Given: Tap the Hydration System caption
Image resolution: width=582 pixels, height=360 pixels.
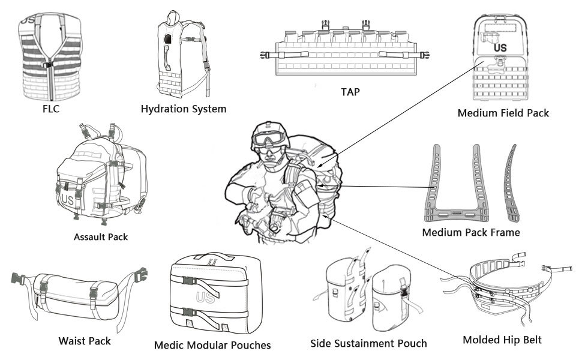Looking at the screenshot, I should pos(183,109).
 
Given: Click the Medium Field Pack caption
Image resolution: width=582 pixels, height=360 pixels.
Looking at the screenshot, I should pos(503,113).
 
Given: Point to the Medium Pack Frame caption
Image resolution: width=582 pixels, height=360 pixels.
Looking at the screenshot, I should pos(470,232).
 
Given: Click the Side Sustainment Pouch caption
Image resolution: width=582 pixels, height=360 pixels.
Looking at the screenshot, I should pos(368,344).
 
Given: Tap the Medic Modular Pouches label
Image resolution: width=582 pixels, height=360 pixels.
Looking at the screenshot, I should pos(212,345).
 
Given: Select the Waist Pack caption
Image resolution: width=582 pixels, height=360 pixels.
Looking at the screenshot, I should pos(85,341).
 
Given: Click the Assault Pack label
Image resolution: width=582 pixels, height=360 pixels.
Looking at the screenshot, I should pos(100,236).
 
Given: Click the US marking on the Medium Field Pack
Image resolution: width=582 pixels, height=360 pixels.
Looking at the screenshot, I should pos(500,47).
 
